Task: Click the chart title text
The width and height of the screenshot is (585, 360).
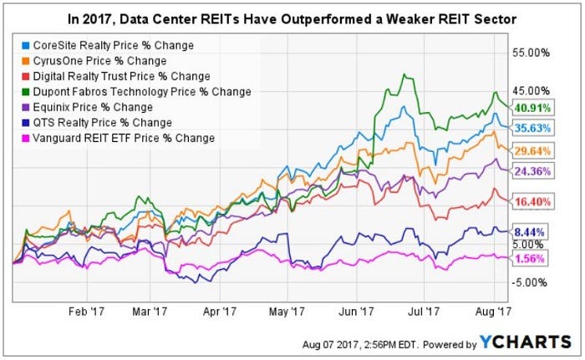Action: pyautogui.click(x=292, y=18)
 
